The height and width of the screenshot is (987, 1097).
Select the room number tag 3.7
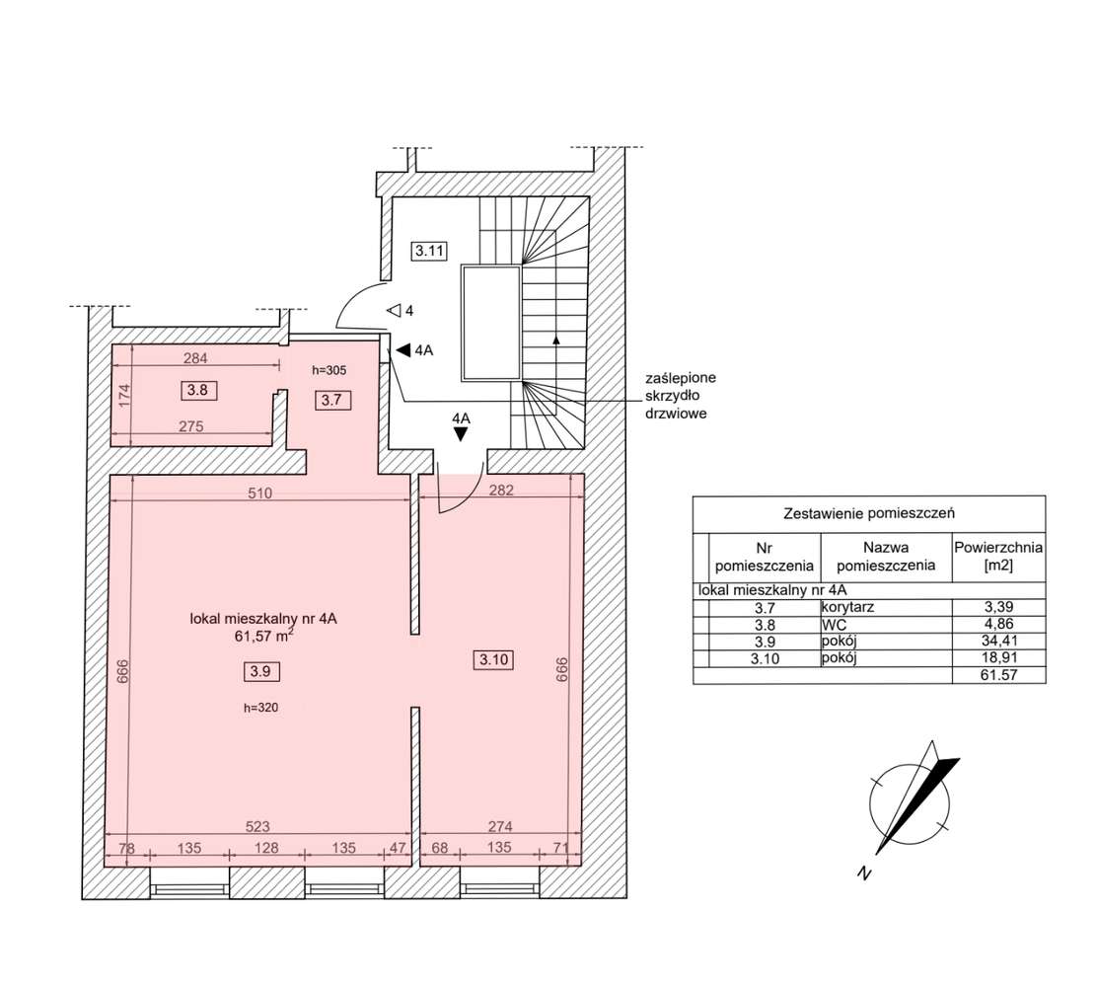(331, 400)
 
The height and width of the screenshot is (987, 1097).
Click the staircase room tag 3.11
(430, 251)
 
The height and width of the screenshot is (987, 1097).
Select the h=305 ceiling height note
(329, 370)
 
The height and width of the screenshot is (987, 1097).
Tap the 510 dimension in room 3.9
(259, 493)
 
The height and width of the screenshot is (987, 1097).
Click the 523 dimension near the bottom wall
(258, 826)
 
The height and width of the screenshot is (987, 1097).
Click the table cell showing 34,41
(998, 642)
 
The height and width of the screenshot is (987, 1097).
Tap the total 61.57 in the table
(998, 675)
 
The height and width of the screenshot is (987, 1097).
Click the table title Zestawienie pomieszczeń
(868, 513)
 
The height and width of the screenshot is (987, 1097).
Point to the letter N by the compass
(864, 873)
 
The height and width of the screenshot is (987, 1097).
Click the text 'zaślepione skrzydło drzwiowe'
(681, 396)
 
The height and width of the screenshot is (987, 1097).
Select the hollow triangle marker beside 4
(393, 311)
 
